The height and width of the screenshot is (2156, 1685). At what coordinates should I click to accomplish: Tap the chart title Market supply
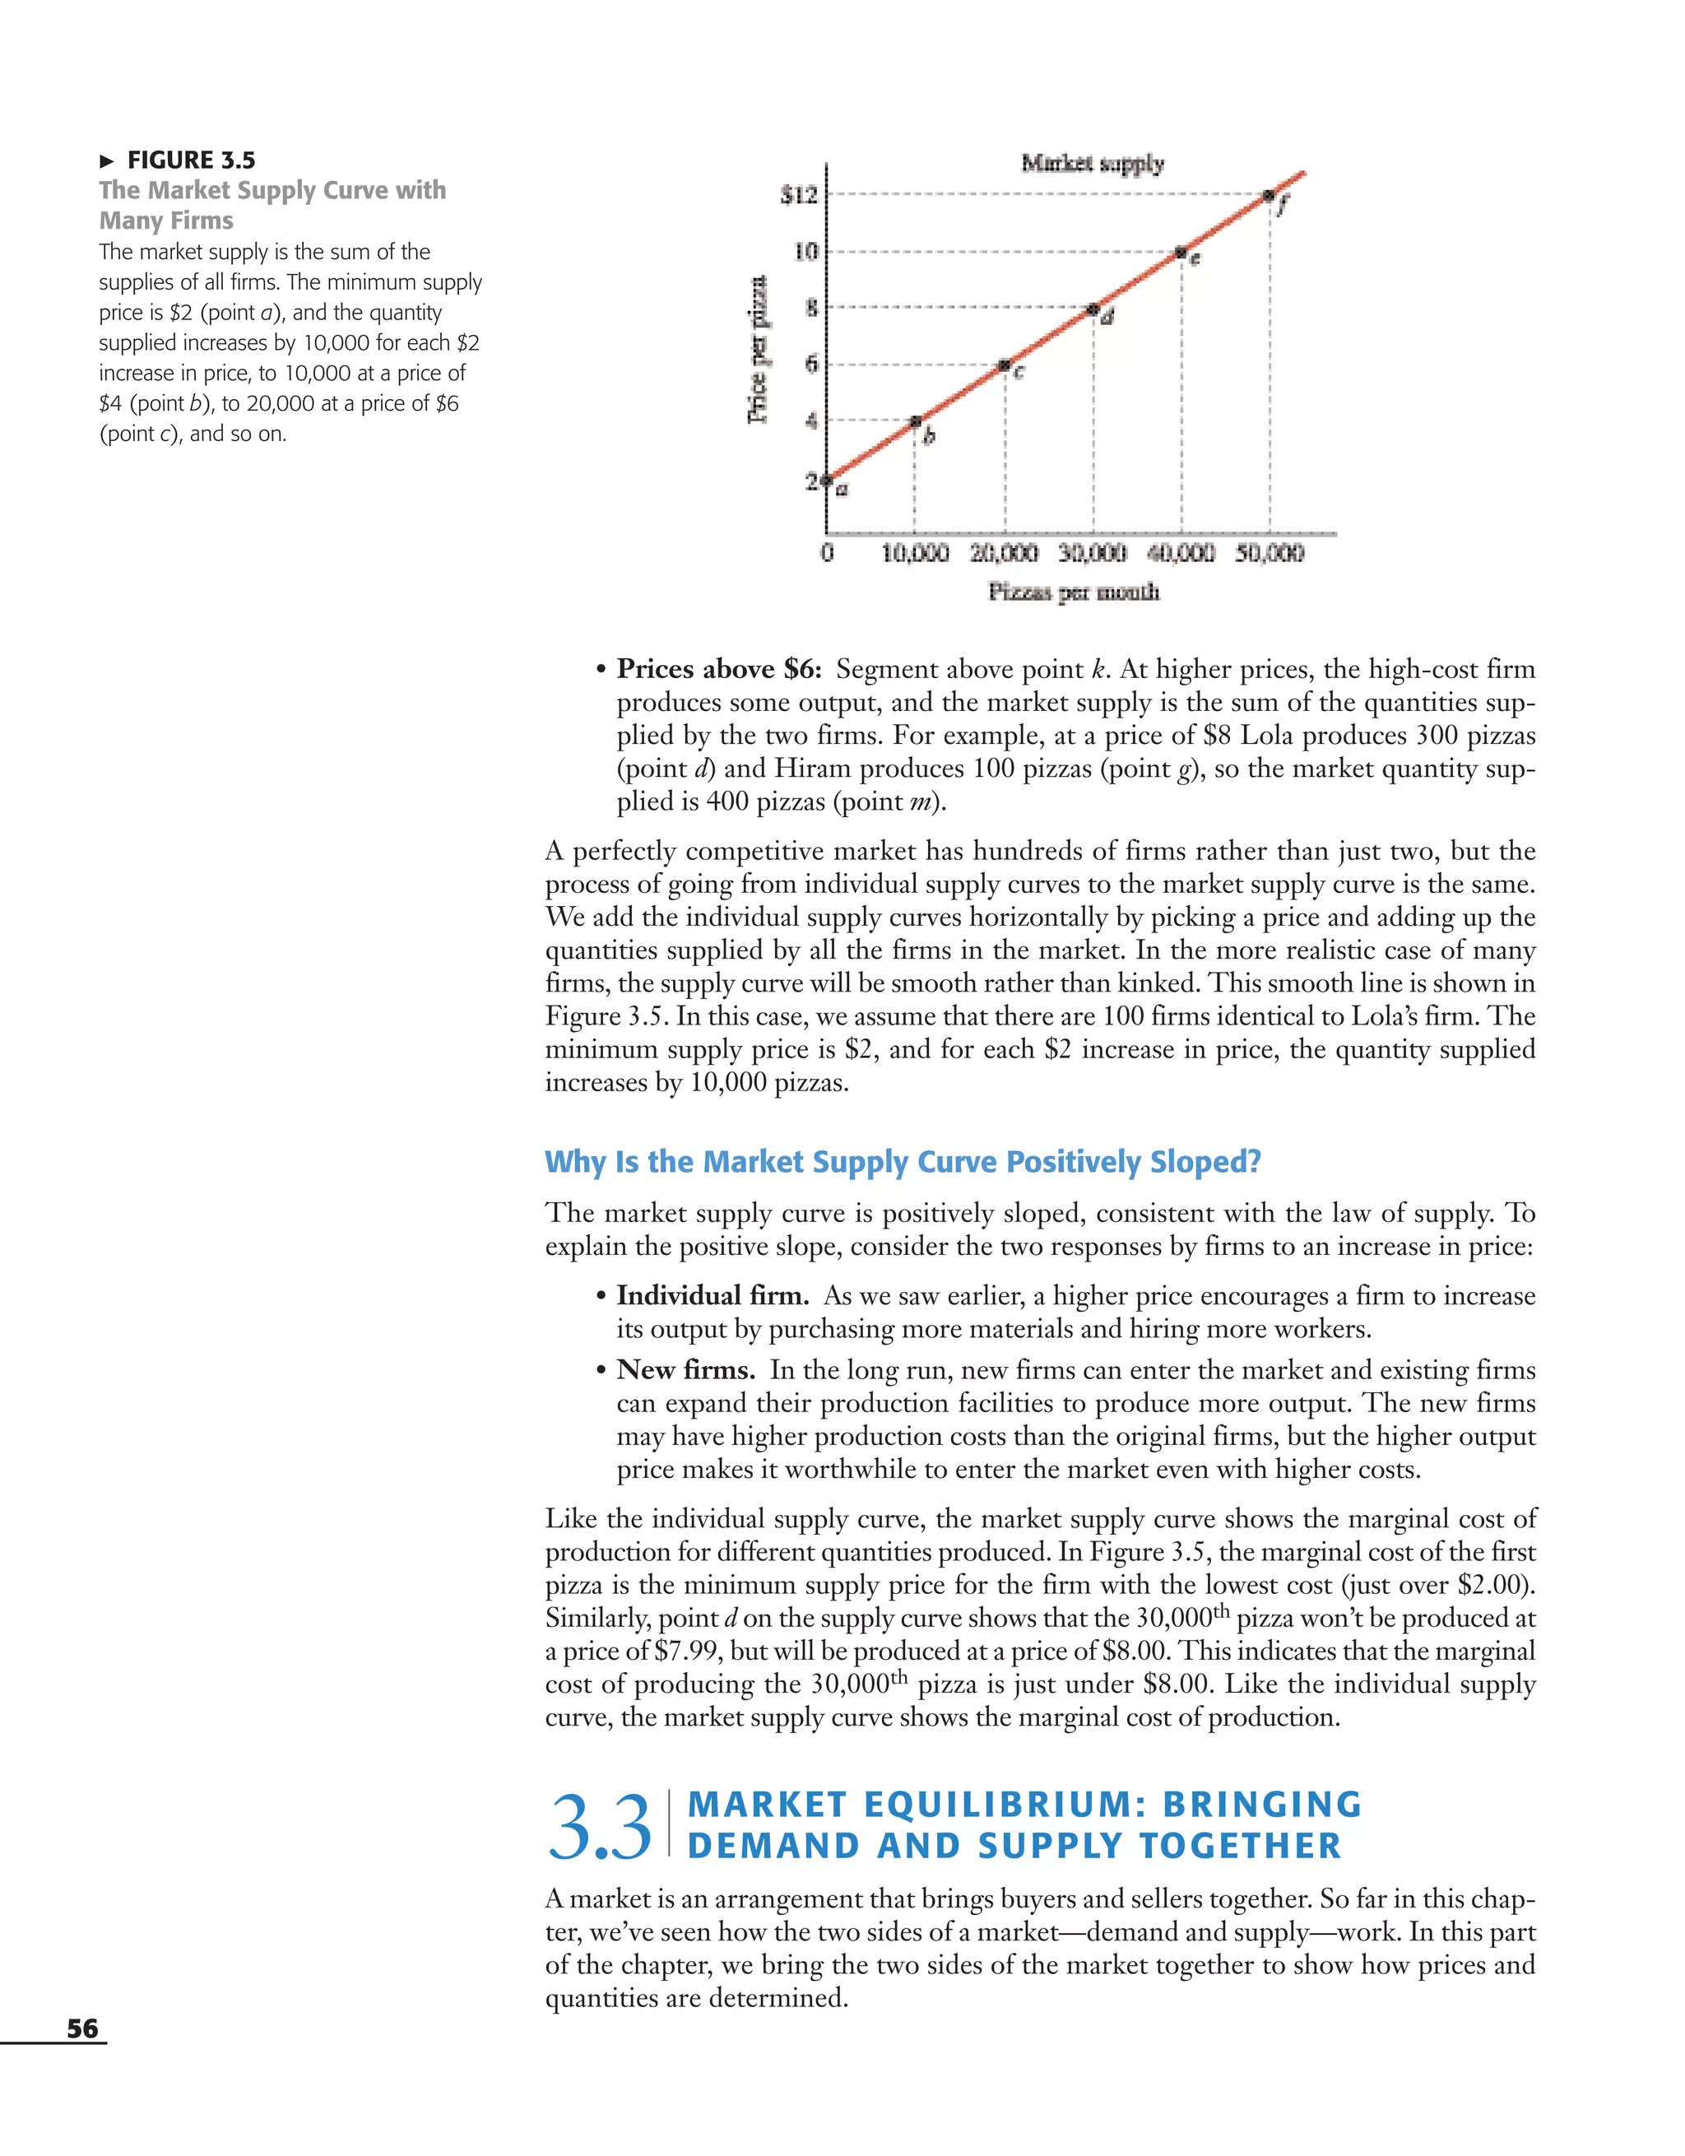click(1092, 163)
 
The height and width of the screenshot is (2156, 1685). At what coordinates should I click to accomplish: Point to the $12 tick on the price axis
click(799, 196)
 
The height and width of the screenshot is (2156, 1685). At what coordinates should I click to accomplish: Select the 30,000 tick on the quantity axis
click(1092, 553)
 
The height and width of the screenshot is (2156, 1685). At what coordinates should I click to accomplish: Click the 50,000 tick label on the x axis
click(1269, 553)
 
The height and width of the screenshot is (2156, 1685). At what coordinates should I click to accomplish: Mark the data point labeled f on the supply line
click(1270, 196)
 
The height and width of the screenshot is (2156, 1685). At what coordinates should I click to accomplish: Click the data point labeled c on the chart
click(1004, 365)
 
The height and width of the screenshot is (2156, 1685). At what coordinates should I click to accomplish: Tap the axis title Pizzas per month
click(1074, 592)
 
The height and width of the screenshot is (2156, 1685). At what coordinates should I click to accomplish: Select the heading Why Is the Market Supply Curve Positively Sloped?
click(903, 1162)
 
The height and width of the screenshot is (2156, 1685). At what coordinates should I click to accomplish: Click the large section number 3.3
click(599, 1828)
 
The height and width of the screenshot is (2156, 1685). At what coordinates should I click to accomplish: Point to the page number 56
click(82, 2028)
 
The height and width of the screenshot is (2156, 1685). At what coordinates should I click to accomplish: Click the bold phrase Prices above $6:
click(718, 669)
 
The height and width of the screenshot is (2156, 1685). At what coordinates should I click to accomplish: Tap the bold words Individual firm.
click(713, 1295)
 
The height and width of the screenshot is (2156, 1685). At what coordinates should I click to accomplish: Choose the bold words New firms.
click(686, 1370)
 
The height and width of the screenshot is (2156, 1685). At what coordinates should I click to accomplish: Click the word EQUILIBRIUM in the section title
click(1005, 1805)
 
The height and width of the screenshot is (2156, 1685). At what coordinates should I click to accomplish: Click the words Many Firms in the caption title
click(166, 221)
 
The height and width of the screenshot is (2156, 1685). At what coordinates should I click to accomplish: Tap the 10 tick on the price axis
click(805, 253)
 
